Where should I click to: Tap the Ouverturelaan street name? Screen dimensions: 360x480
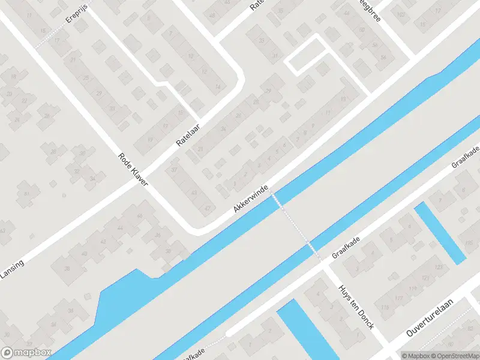429,317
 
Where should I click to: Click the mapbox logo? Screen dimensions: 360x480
26,353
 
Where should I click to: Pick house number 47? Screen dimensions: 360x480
208,208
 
